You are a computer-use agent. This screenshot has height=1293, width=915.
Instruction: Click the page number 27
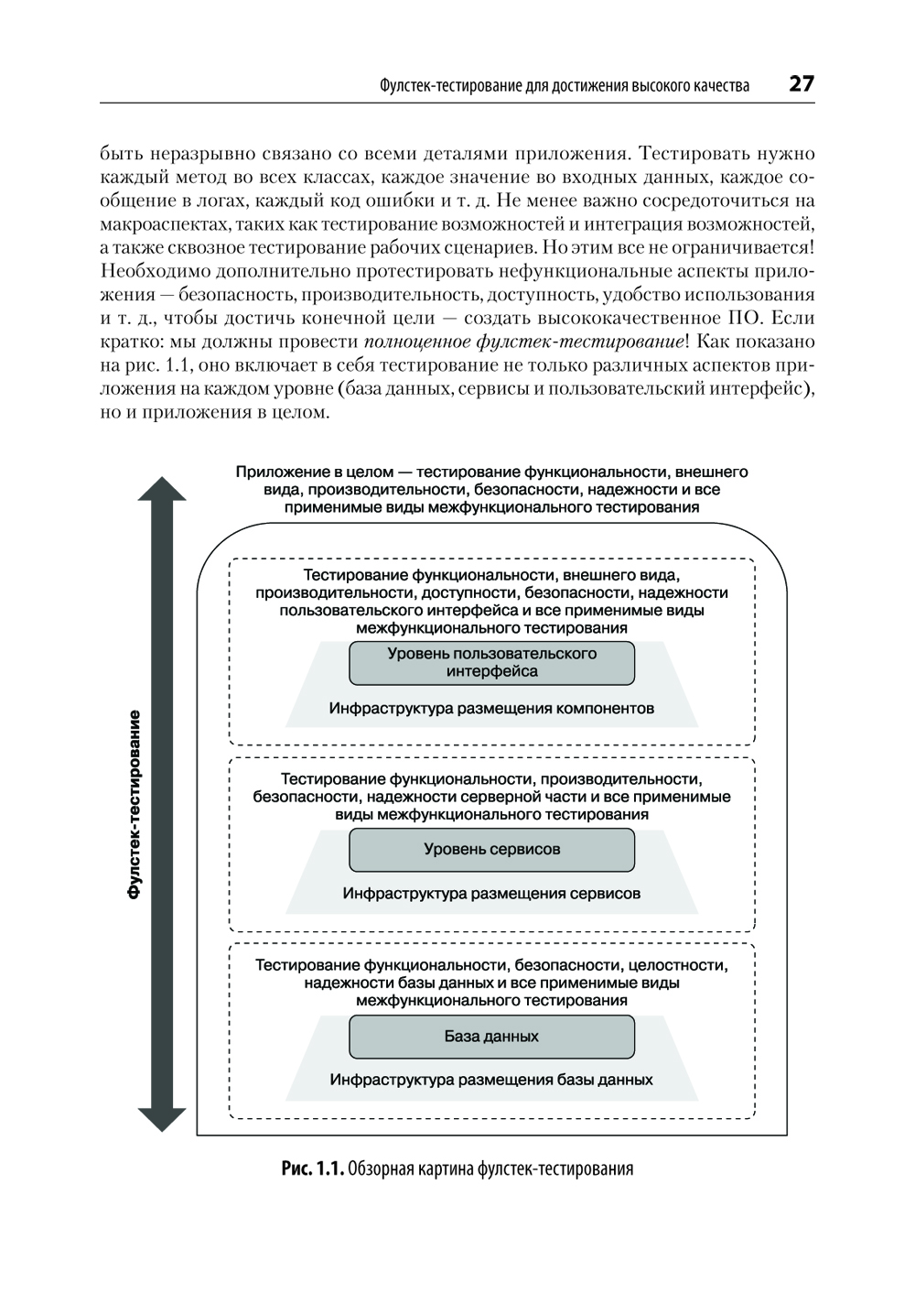point(801,84)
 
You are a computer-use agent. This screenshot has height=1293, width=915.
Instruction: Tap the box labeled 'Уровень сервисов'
point(491,849)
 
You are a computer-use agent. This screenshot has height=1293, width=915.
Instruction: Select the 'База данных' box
point(491,1037)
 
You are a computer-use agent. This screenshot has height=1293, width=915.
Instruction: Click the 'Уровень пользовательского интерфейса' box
point(491,662)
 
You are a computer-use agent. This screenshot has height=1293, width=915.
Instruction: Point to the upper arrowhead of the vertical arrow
point(162,490)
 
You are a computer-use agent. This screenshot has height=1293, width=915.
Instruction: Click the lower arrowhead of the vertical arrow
point(162,1118)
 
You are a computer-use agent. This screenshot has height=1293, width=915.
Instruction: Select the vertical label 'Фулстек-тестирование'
point(135,804)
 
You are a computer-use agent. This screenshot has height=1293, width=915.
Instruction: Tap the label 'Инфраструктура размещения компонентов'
point(491,709)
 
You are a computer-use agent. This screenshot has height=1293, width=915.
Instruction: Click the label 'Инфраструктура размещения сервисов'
point(491,894)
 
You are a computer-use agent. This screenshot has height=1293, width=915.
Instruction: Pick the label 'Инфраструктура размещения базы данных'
point(491,1080)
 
